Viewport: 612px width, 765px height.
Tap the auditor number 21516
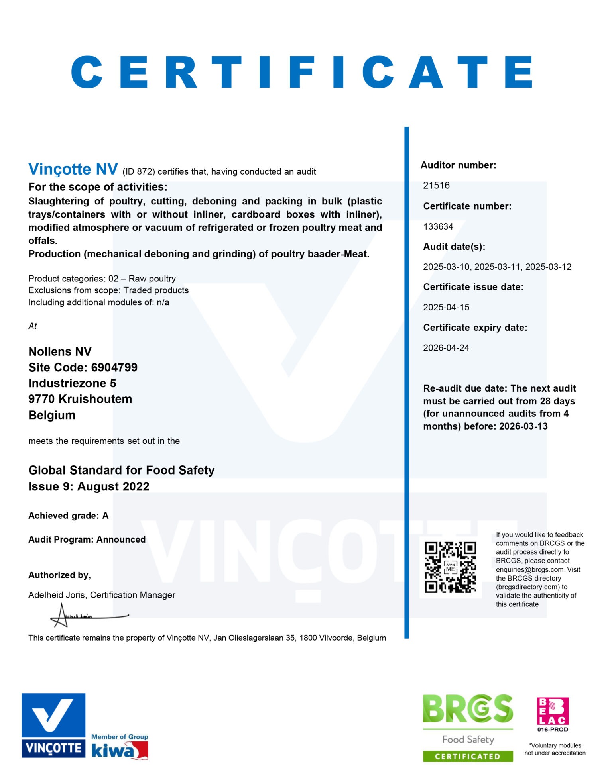[436, 186]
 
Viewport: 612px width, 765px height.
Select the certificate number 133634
[438, 227]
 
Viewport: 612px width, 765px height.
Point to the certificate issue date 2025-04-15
[446, 308]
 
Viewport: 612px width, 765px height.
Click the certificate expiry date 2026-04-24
[446, 348]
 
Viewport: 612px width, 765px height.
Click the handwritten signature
[88, 616]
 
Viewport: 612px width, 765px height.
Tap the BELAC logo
[553, 711]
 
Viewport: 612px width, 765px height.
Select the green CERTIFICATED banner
[468, 756]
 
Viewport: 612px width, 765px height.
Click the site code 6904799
[114, 367]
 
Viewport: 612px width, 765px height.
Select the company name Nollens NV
[60, 352]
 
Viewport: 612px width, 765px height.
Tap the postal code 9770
[41, 399]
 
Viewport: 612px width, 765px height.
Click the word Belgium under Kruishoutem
[52, 415]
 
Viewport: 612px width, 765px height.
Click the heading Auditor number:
[458, 165]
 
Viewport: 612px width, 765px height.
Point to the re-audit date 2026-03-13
[523, 426]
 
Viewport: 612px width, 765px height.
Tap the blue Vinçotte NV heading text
[73, 170]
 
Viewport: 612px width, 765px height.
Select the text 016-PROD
[553, 730]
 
